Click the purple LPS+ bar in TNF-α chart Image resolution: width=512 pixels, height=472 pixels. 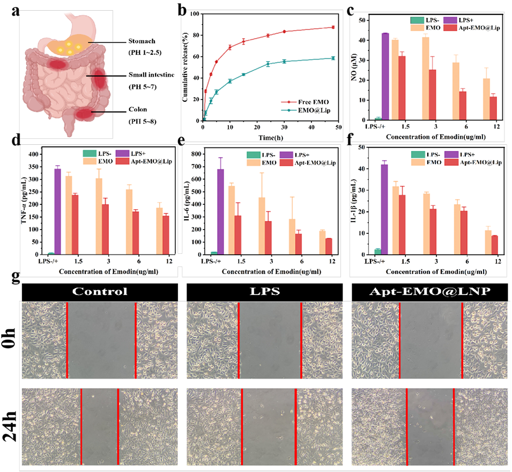(57, 211)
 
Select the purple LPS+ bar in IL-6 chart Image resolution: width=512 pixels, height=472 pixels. (220, 211)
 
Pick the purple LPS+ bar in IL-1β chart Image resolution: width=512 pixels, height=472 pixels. (384, 209)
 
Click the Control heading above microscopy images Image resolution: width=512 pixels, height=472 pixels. (100, 292)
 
